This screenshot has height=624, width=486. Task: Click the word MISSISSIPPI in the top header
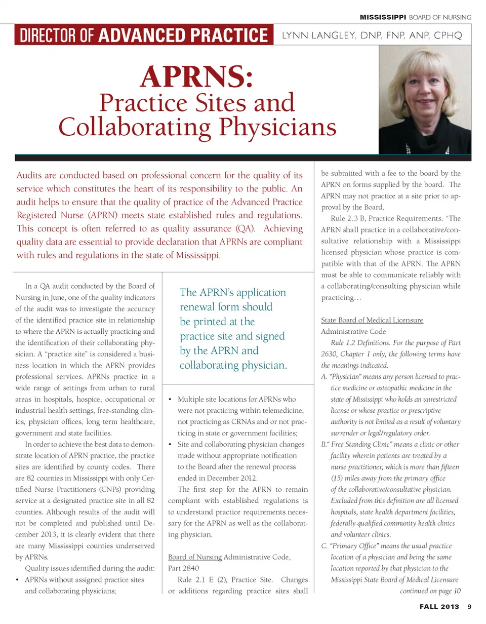pyautogui.click(x=384, y=17)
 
